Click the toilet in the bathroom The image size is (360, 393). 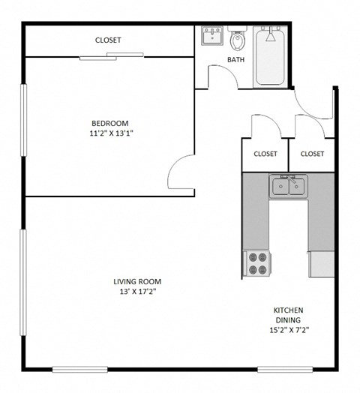pos(238,38)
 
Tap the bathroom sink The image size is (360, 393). pos(209,36)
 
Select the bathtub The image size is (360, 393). pos(270,55)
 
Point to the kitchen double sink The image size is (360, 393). pos(288,187)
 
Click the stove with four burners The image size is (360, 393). pos(257,263)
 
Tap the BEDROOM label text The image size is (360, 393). pos(110,124)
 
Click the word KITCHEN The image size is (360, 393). pos(289,310)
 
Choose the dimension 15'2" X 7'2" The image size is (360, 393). pos(289,329)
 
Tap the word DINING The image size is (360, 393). pos(289,320)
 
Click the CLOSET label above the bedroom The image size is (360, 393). pos(108,40)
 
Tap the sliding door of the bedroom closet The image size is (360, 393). pos(112,55)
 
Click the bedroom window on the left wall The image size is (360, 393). pos(23,120)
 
